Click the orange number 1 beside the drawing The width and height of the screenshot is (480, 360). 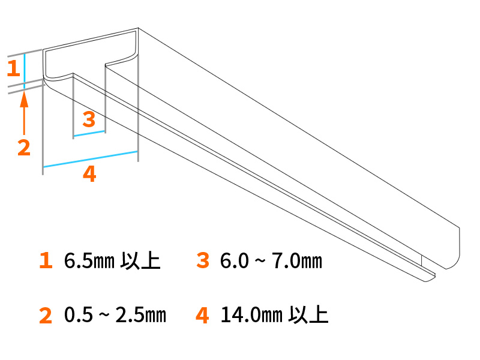(13, 68)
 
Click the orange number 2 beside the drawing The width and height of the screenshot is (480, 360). (23, 148)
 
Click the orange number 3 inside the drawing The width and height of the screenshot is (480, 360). (89, 120)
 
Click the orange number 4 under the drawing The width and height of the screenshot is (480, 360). (89, 175)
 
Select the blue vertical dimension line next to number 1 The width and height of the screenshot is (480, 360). (24, 69)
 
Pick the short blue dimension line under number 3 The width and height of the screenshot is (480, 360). (89, 134)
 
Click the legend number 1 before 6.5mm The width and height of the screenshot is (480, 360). (46, 261)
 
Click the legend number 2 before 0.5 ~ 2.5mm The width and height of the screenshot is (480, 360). (46, 315)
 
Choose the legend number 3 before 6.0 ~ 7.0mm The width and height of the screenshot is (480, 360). (202, 261)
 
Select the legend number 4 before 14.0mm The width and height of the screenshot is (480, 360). (202, 315)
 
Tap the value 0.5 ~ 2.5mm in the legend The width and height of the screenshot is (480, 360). (115, 315)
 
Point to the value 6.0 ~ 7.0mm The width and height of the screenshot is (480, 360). (271, 262)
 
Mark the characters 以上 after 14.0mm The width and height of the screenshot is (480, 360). (309, 315)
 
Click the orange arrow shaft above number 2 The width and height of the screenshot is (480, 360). (24, 120)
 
